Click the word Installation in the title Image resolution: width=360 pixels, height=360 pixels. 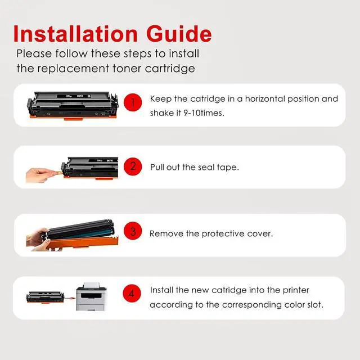75,34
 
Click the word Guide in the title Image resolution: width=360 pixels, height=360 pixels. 179,34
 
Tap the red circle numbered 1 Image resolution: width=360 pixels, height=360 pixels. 133,102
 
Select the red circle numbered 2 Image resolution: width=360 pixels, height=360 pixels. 133,166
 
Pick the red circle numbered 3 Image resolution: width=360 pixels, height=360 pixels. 133,231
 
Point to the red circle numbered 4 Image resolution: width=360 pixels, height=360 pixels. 132,293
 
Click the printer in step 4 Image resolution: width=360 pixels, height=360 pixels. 91,296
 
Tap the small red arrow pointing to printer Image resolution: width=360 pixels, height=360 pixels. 70,298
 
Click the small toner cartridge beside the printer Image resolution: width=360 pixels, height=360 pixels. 45,298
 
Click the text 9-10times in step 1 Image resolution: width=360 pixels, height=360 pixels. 204,113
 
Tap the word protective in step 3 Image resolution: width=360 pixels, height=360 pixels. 223,234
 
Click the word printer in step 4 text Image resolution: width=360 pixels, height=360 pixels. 296,290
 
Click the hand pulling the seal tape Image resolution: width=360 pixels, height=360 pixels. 39,175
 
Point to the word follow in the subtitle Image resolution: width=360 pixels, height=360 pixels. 71,53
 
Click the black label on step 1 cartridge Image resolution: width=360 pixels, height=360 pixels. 74,96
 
